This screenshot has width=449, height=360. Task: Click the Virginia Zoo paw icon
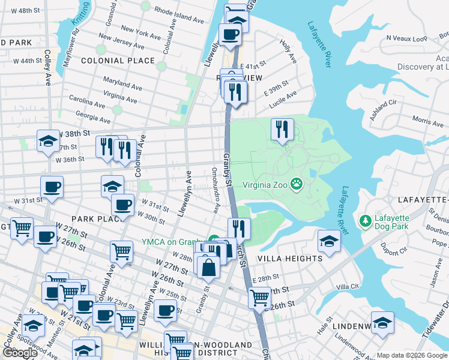click(296, 184)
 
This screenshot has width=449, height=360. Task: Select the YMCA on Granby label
click(174, 242)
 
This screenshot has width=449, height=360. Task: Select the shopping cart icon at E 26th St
click(259, 296)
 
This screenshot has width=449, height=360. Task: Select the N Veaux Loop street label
click(406, 38)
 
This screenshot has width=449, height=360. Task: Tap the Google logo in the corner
click(20, 353)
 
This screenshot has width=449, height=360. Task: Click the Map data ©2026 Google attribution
click(411, 355)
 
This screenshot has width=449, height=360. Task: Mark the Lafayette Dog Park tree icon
click(365, 221)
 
